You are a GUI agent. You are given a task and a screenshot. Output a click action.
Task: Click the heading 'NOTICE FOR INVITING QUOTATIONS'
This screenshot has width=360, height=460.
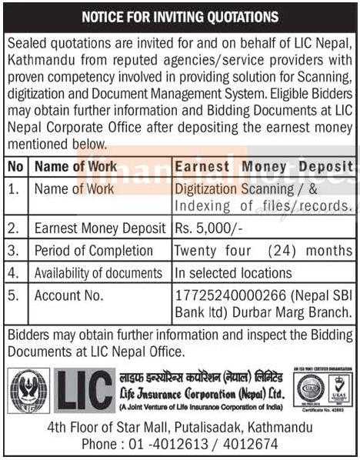click(x=180, y=16)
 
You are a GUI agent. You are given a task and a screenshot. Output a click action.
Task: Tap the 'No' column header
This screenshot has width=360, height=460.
click(x=15, y=166)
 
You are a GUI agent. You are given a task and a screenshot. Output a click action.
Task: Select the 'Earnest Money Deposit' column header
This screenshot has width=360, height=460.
click(x=264, y=166)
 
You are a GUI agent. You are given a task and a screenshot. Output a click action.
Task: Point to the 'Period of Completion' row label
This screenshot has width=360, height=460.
click(x=93, y=251)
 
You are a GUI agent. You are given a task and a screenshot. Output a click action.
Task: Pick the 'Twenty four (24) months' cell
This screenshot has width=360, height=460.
click(x=264, y=251)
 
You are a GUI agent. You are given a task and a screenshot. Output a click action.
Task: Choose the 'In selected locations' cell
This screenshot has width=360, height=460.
click(x=232, y=272)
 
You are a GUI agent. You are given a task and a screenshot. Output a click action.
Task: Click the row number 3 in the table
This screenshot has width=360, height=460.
click(x=15, y=251)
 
